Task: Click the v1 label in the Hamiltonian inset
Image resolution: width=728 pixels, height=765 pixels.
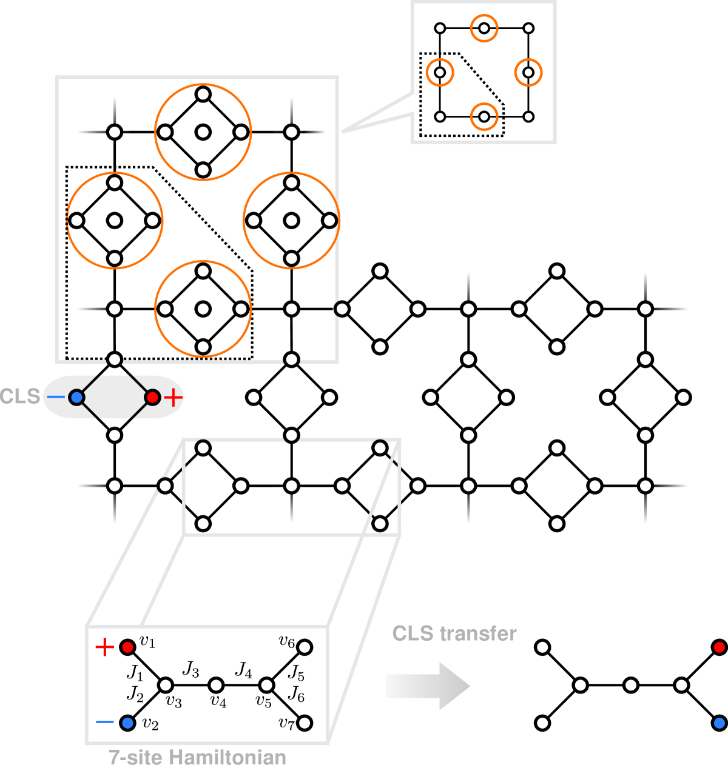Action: [x=147, y=642]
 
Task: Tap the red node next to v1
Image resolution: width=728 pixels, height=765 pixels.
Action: [x=127, y=647]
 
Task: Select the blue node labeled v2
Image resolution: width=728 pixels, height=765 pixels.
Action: [x=127, y=723]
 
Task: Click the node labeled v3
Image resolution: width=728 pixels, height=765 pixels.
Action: [x=166, y=685]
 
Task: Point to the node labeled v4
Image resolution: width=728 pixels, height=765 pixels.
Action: [x=216, y=685]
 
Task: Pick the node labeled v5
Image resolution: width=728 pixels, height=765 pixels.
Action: [x=266, y=685]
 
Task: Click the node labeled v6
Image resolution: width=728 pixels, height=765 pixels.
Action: [x=305, y=647]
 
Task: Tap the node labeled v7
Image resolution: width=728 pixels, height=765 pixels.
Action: [x=305, y=723]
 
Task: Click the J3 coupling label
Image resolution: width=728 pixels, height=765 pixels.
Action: [x=190, y=669]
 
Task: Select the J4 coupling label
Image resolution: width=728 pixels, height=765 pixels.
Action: [x=243, y=669]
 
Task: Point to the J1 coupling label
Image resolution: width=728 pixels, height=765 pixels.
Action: [x=135, y=672]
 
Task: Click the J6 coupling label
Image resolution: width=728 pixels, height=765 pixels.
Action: [x=296, y=693]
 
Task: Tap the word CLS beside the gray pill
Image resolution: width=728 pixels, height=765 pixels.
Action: [x=20, y=396]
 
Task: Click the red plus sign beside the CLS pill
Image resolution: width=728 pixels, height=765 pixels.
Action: [x=174, y=398]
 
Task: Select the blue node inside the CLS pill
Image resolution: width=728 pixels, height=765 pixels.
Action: [x=76, y=398]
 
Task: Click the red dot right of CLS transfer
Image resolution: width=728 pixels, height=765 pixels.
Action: [x=720, y=647]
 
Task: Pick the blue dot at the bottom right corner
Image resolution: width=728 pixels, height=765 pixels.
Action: [x=720, y=723]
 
